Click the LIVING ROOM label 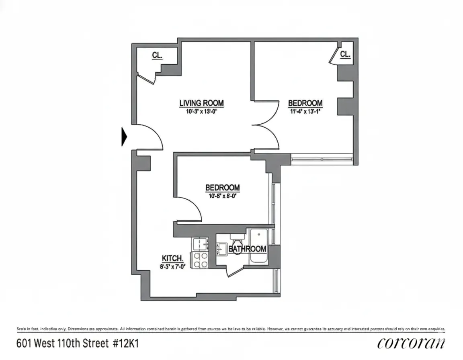pyautogui.click(x=201, y=103)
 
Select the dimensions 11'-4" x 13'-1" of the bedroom pyautogui.click(x=305, y=111)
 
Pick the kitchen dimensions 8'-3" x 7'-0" pyautogui.click(x=173, y=265)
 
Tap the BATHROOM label pyautogui.click(x=248, y=249)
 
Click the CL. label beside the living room pyautogui.click(x=157, y=56)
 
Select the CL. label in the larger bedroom pyautogui.click(x=344, y=54)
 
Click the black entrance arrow pyautogui.click(x=124, y=137)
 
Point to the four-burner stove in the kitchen pyautogui.click(x=200, y=260)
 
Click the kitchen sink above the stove pyautogui.click(x=200, y=244)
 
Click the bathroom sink pyautogui.click(x=221, y=249)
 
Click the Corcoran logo pyautogui.click(x=411, y=344)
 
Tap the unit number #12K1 pyautogui.click(x=127, y=344)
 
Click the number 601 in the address pyautogui.click(x=25, y=344)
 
